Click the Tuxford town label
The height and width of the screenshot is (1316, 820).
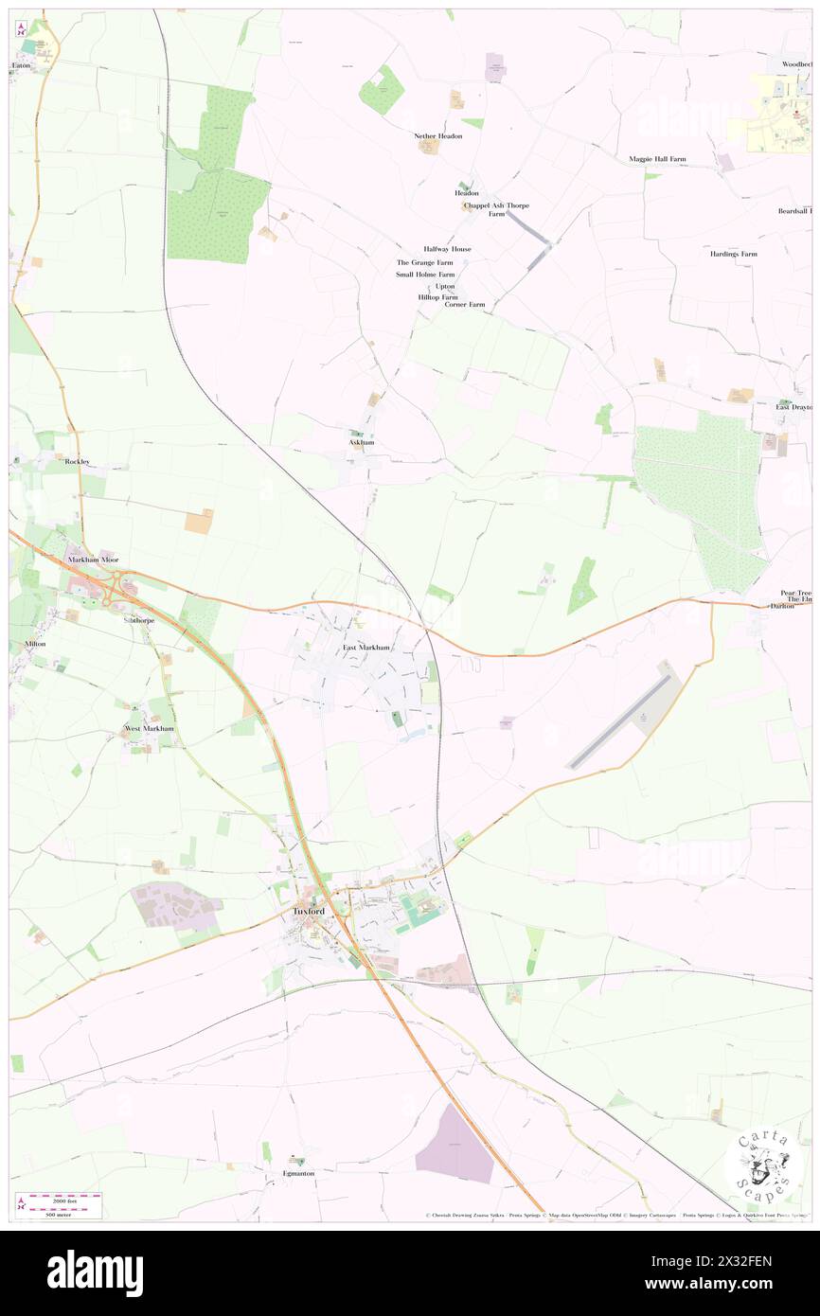(309, 911)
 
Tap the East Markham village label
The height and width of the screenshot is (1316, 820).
(365, 648)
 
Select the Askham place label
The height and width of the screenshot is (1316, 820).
(361, 442)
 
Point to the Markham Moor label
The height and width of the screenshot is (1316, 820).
(93, 560)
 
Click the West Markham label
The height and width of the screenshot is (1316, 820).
(150, 728)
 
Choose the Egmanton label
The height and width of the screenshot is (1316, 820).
(297, 1173)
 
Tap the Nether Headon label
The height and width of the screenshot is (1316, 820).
(438, 136)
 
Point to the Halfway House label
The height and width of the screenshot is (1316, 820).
(447, 249)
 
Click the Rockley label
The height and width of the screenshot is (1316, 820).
(78, 461)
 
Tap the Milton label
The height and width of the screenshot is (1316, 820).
(35, 644)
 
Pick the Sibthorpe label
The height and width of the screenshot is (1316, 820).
(138, 620)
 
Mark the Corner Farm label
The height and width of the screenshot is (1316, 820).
(464, 305)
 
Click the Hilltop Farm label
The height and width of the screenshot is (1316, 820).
(437, 296)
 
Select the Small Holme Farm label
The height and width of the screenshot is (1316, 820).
(425, 275)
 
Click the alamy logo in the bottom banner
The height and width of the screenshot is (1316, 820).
(95, 1272)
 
